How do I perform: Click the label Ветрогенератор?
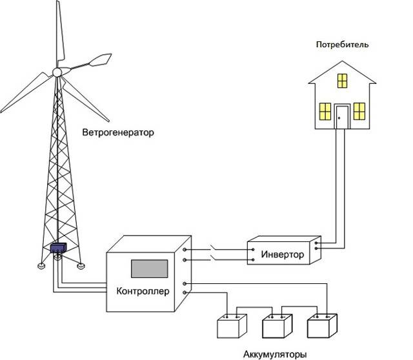click(x=118, y=132)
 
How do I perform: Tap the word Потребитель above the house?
click(x=342, y=45)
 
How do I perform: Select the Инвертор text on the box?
click(x=283, y=254)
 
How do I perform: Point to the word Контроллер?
click(x=143, y=291)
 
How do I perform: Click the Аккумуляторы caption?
click(x=275, y=354)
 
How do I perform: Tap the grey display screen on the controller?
click(x=149, y=268)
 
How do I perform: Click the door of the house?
click(x=342, y=117)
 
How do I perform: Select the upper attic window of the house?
click(x=342, y=81)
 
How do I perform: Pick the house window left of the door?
click(x=325, y=112)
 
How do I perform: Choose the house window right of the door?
click(x=359, y=112)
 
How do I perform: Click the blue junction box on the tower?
click(x=58, y=248)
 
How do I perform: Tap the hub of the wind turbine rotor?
click(x=57, y=72)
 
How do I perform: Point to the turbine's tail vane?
click(x=100, y=59)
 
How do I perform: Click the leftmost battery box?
click(x=232, y=326)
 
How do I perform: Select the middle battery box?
click(x=277, y=326)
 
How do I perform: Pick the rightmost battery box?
click(x=322, y=326)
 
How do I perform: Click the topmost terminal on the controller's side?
click(x=185, y=249)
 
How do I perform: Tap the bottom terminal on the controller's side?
click(x=185, y=293)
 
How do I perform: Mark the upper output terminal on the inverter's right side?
click(x=316, y=243)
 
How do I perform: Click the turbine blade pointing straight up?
click(x=60, y=33)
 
